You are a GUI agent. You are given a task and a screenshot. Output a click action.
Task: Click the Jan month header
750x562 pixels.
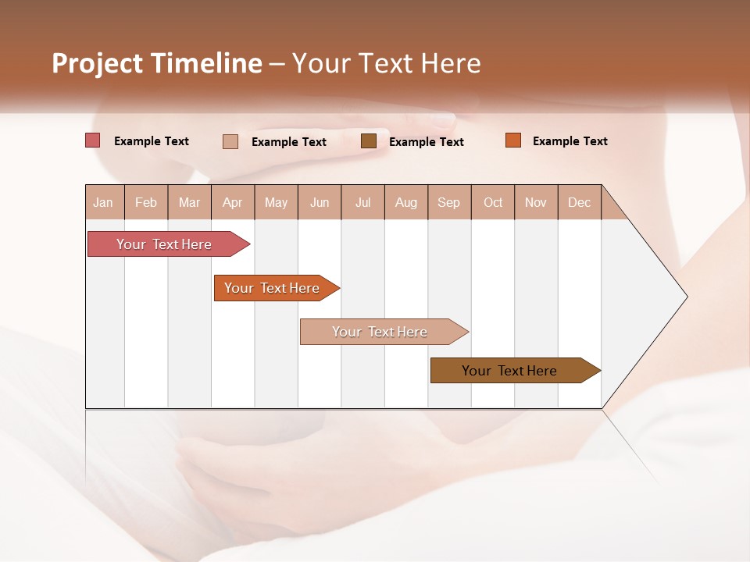click(x=103, y=203)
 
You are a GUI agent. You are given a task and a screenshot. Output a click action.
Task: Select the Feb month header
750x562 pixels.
click(x=146, y=203)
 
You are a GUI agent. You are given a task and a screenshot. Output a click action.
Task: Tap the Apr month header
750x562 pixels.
click(x=232, y=203)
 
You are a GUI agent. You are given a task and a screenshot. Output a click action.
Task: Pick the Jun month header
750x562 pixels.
click(x=320, y=203)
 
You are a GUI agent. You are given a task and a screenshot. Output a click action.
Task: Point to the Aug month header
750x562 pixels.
click(x=405, y=203)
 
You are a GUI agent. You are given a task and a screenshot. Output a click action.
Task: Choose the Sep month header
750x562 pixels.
click(x=448, y=203)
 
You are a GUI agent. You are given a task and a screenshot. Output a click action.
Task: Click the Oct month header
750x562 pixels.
click(x=493, y=203)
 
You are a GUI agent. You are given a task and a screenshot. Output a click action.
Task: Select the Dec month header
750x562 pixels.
click(x=579, y=203)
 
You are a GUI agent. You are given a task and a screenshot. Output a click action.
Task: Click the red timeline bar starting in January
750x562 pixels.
click(x=165, y=244)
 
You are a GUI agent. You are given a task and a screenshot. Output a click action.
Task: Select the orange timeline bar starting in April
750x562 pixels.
click(x=273, y=288)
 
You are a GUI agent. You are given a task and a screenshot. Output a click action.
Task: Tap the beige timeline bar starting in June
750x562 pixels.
click(x=380, y=332)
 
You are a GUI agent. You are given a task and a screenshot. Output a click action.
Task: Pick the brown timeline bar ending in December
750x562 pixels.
click(x=510, y=371)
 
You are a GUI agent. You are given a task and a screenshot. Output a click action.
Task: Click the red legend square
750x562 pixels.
click(x=93, y=140)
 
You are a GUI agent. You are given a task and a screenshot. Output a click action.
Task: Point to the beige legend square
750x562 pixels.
click(x=230, y=141)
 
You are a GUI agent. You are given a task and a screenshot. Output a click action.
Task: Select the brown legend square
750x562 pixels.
click(x=369, y=140)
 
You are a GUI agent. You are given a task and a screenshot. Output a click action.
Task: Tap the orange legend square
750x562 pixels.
click(x=512, y=140)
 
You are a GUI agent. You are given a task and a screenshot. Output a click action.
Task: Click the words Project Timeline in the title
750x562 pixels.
click(x=157, y=63)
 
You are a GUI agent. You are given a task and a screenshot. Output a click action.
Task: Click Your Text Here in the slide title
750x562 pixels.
click(x=387, y=63)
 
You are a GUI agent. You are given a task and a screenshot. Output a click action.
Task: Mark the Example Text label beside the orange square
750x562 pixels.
click(x=570, y=141)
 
